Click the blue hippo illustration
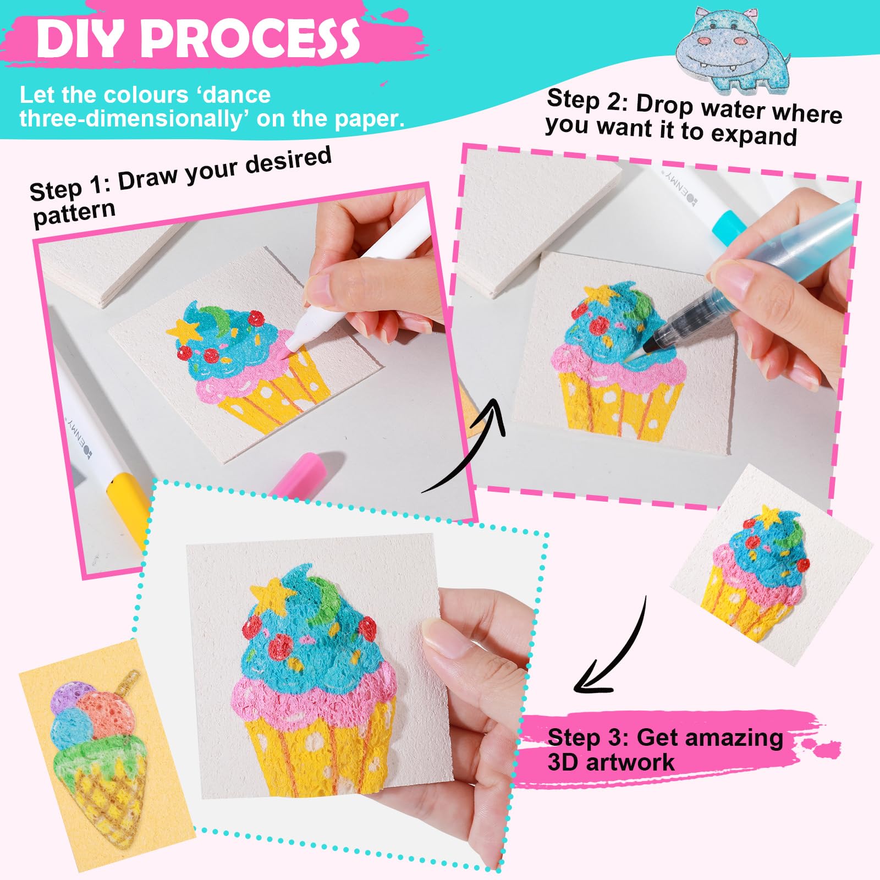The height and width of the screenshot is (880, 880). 732,49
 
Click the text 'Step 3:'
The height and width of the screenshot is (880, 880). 588,737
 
